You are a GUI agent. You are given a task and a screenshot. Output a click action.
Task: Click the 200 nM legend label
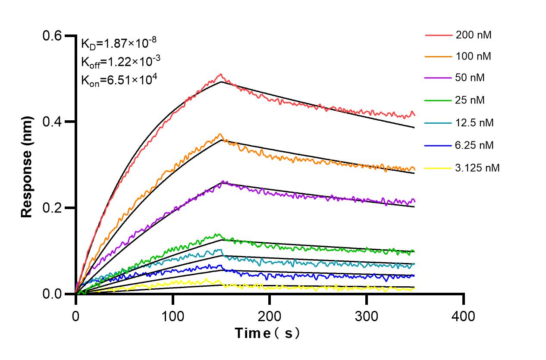474,35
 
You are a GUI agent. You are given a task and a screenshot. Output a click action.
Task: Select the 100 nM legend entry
474,56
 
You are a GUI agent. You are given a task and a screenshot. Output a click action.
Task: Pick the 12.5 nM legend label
474,123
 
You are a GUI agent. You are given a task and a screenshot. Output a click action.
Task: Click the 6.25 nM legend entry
474,145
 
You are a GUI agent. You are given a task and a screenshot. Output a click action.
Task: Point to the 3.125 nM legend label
477,168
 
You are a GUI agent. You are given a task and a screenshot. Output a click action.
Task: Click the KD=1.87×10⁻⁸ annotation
119,43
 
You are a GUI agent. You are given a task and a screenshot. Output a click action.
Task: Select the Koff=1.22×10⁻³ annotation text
121,62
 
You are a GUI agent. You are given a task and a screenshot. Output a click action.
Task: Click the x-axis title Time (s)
267,333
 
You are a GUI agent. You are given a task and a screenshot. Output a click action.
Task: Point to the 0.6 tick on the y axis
52,36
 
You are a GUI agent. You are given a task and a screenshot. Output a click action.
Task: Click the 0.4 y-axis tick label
52,122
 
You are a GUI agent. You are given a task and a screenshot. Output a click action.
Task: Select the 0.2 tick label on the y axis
52,208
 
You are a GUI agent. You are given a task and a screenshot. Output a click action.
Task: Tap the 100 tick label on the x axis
173,316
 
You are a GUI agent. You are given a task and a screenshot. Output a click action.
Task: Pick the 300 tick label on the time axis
367,316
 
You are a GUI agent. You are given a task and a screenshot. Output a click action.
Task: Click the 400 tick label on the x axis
464,316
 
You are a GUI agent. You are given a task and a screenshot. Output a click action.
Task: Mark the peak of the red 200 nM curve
220,74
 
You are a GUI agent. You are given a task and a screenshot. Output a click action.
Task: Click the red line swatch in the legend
438,35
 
